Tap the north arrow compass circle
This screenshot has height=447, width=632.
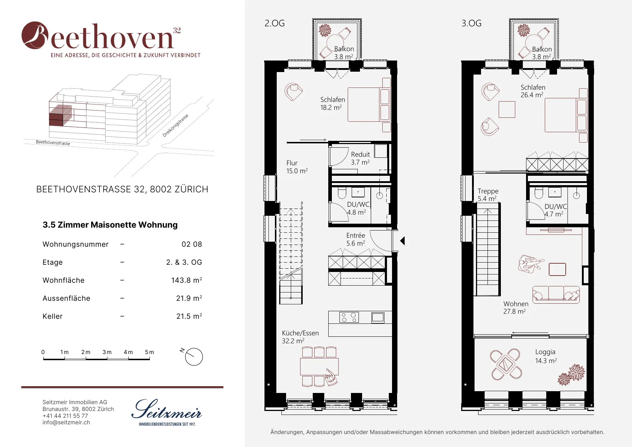(194, 357)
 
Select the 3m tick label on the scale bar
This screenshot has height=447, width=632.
(107, 352)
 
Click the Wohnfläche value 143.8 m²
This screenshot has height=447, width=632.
(187, 280)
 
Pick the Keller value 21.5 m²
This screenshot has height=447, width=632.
(189, 316)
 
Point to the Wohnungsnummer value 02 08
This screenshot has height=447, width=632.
(192, 244)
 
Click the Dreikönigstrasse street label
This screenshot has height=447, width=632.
(175, 125)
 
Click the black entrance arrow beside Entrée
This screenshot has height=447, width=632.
(402, 241)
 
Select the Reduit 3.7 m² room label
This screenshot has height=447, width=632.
(360, 158)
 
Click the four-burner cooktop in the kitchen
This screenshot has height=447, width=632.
(349, 317)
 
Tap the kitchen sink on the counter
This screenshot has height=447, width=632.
(378, 317)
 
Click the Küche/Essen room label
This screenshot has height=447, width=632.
(300, 333)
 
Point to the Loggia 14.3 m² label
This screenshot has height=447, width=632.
(546, 356)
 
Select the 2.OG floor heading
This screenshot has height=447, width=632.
(275, 23)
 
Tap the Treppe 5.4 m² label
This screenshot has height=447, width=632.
(488, 195)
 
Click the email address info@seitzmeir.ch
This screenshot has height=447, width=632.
(66, 422)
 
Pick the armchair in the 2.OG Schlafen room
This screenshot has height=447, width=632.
(294, 92)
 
